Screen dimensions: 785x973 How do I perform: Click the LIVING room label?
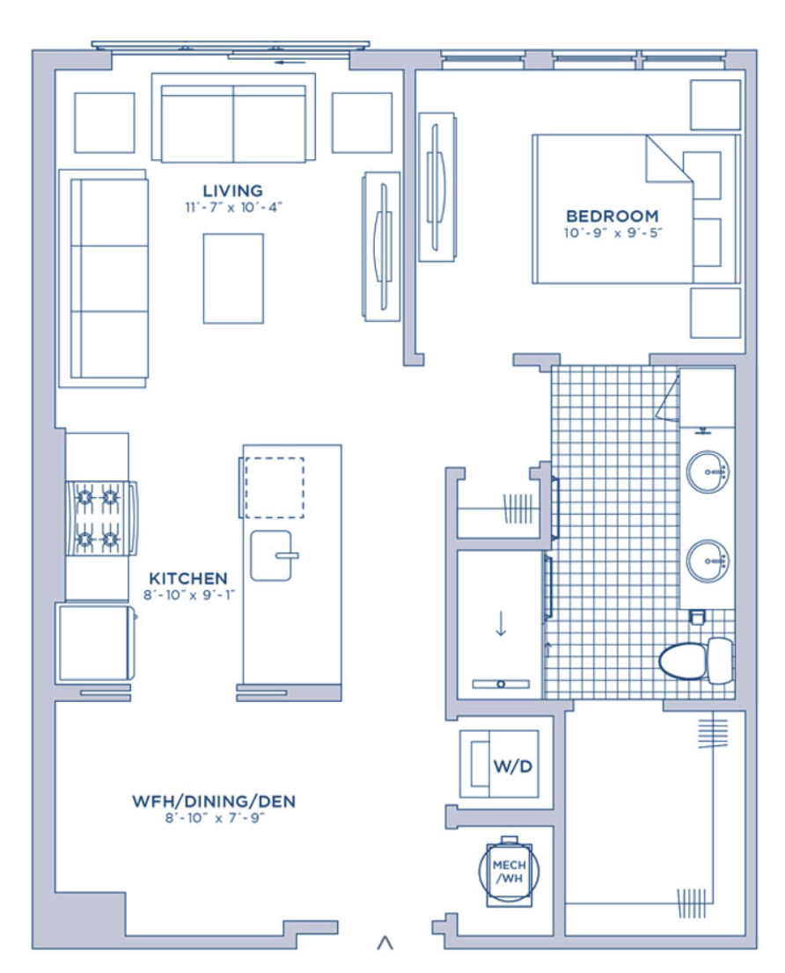(232, 191)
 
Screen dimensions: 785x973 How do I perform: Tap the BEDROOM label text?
(613, 216)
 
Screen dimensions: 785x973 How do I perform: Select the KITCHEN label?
(188, 578)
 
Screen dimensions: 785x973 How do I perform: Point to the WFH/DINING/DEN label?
(214, 801)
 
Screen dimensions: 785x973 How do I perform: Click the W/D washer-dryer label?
(512, 766)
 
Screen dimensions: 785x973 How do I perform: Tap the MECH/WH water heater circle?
(509, 871)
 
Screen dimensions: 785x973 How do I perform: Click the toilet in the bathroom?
(696, 660)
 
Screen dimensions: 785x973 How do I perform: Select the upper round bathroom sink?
(708, 472)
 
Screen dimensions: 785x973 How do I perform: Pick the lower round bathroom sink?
(708, 561)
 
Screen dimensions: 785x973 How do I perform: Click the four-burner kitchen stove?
(101, 518)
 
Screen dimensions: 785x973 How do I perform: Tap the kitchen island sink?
(273, 555)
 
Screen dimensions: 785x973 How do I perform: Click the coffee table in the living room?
(233, 279)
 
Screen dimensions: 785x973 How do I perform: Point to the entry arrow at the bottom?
(385, 942)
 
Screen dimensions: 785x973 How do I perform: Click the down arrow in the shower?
(501, 624)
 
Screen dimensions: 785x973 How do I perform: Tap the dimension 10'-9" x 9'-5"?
(613, 233)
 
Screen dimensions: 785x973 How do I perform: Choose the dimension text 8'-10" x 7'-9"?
(215, 818)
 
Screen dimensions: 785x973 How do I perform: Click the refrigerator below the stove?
(96, 642)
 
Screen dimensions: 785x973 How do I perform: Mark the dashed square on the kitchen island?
(275, 487)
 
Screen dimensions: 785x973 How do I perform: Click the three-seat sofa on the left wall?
(104, 279)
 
